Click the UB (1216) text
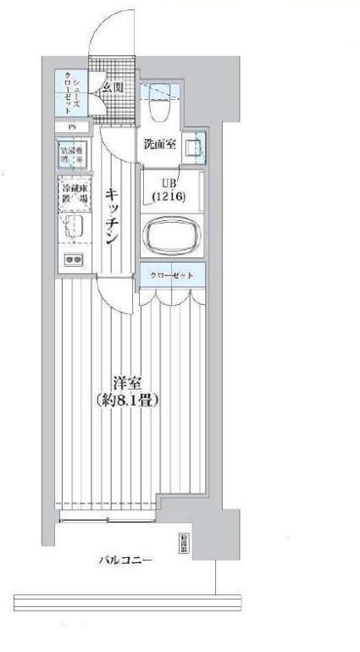166,191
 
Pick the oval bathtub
170,235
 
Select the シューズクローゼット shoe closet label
69,91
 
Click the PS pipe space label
71,127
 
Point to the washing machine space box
72,156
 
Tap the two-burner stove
72,259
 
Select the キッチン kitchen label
112,216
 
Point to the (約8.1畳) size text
127,400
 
